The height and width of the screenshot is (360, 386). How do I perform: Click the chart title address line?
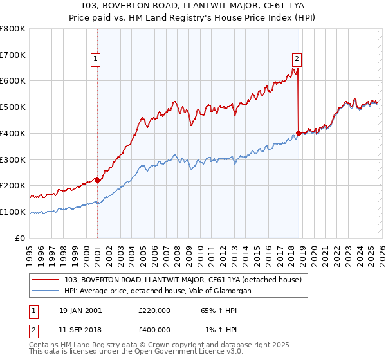click(192, 6)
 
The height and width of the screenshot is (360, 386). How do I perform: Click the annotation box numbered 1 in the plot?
click(95, 60)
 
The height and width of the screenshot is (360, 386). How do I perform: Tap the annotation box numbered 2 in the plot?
click(297, 60)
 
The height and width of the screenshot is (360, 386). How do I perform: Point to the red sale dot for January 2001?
click(97, 180)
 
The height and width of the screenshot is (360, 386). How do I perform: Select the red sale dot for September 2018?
click(299, 133)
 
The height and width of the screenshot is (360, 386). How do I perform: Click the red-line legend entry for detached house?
click(187, 280)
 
